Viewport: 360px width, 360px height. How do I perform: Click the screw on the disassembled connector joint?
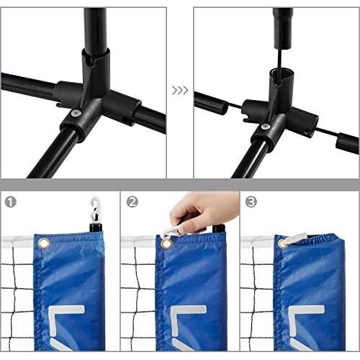(265, 126)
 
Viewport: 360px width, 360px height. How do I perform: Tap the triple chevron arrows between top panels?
(180, 91)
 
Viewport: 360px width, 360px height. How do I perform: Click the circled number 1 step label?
(11, 202)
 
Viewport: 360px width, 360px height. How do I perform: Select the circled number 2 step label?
(132, 202)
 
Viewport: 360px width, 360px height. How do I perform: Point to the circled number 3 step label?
(251, 202)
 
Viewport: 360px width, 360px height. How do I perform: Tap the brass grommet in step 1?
(44, 243)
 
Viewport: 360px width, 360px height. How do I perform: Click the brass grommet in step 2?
(166, 243)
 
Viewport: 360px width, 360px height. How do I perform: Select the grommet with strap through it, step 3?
(282, 243)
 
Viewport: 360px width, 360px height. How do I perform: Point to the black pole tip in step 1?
(96, 228)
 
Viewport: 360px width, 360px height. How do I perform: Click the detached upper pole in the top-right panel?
(283, 27)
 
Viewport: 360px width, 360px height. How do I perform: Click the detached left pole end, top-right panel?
(211, 104)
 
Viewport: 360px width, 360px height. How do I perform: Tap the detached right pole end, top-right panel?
(347, 143)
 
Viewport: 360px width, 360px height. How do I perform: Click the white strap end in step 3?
(297, 238)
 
